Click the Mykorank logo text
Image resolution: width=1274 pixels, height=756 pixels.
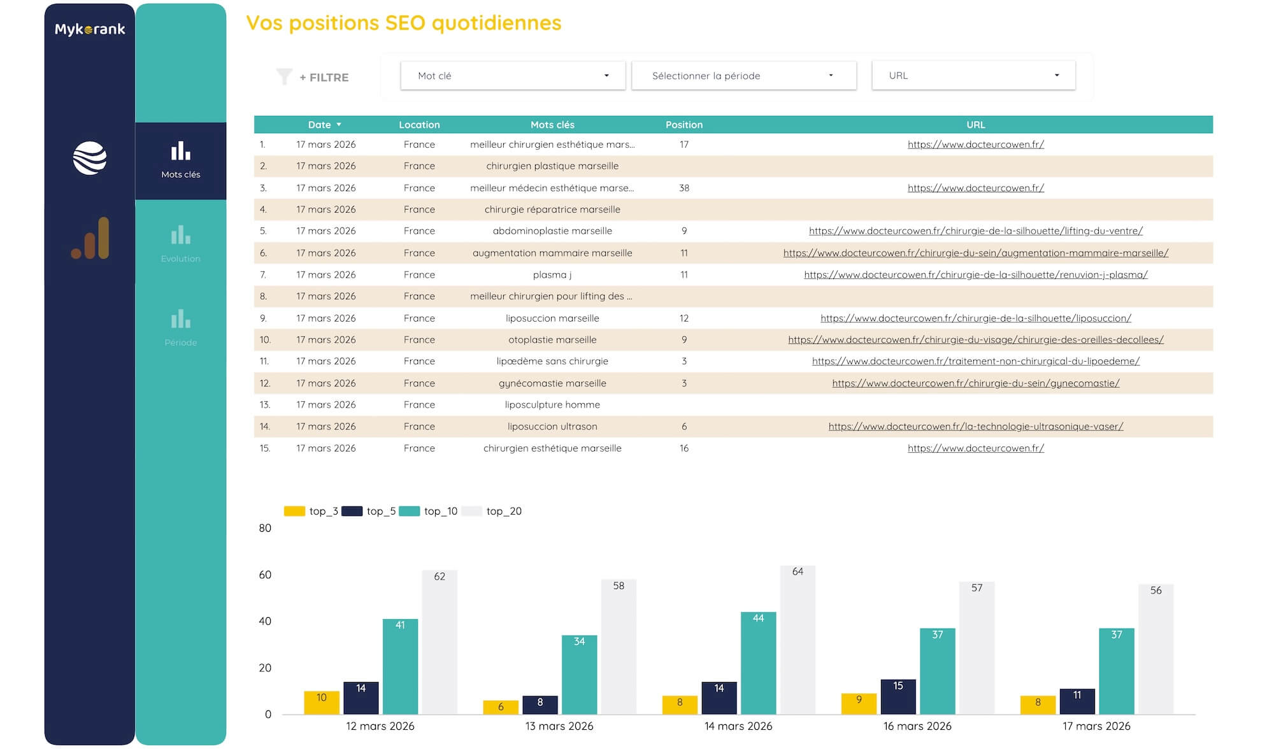90,29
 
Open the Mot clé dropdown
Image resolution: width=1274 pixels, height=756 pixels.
513,76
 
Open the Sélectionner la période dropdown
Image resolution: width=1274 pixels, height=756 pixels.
743,76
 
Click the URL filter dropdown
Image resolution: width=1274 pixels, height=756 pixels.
973,75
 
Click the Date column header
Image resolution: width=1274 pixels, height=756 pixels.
320,125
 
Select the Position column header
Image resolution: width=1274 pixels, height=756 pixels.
684,125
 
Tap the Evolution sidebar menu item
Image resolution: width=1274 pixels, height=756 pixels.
180,244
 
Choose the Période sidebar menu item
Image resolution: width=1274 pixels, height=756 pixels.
180,328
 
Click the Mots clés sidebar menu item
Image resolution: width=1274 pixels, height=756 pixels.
180,160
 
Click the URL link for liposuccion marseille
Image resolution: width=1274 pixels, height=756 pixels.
975,318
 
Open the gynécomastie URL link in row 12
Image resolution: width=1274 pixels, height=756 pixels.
975,383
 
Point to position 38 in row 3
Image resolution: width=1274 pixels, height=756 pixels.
684,188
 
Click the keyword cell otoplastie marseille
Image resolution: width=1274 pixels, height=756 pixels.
552,339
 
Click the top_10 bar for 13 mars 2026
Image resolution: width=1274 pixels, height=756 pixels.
579,674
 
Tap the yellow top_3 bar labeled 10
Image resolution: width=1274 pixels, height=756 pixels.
321,703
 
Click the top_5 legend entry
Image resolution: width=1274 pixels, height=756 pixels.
369,511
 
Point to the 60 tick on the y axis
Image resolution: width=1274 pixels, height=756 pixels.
265,574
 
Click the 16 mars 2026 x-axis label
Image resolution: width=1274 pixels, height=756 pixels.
917,726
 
